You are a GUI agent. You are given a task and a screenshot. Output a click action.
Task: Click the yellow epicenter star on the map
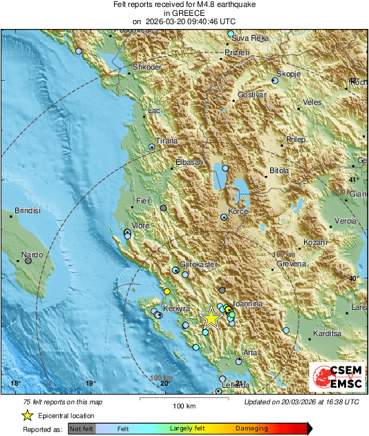[x=211, y=318]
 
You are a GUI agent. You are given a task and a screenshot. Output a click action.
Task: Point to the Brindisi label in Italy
[x=28, y=210]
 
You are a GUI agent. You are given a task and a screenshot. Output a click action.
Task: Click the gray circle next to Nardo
[x=28, y=261]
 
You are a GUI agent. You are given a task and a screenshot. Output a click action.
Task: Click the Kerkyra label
[x=175, y=309]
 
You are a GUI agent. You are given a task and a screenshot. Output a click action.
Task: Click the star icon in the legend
[x=27, y=415]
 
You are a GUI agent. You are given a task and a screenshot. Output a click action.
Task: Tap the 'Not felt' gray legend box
[x=82, y=429]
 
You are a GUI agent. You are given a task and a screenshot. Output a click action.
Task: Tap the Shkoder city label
[x=146, y=67]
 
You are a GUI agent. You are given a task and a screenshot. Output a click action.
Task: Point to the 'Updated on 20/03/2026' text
[x=301, y=402]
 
